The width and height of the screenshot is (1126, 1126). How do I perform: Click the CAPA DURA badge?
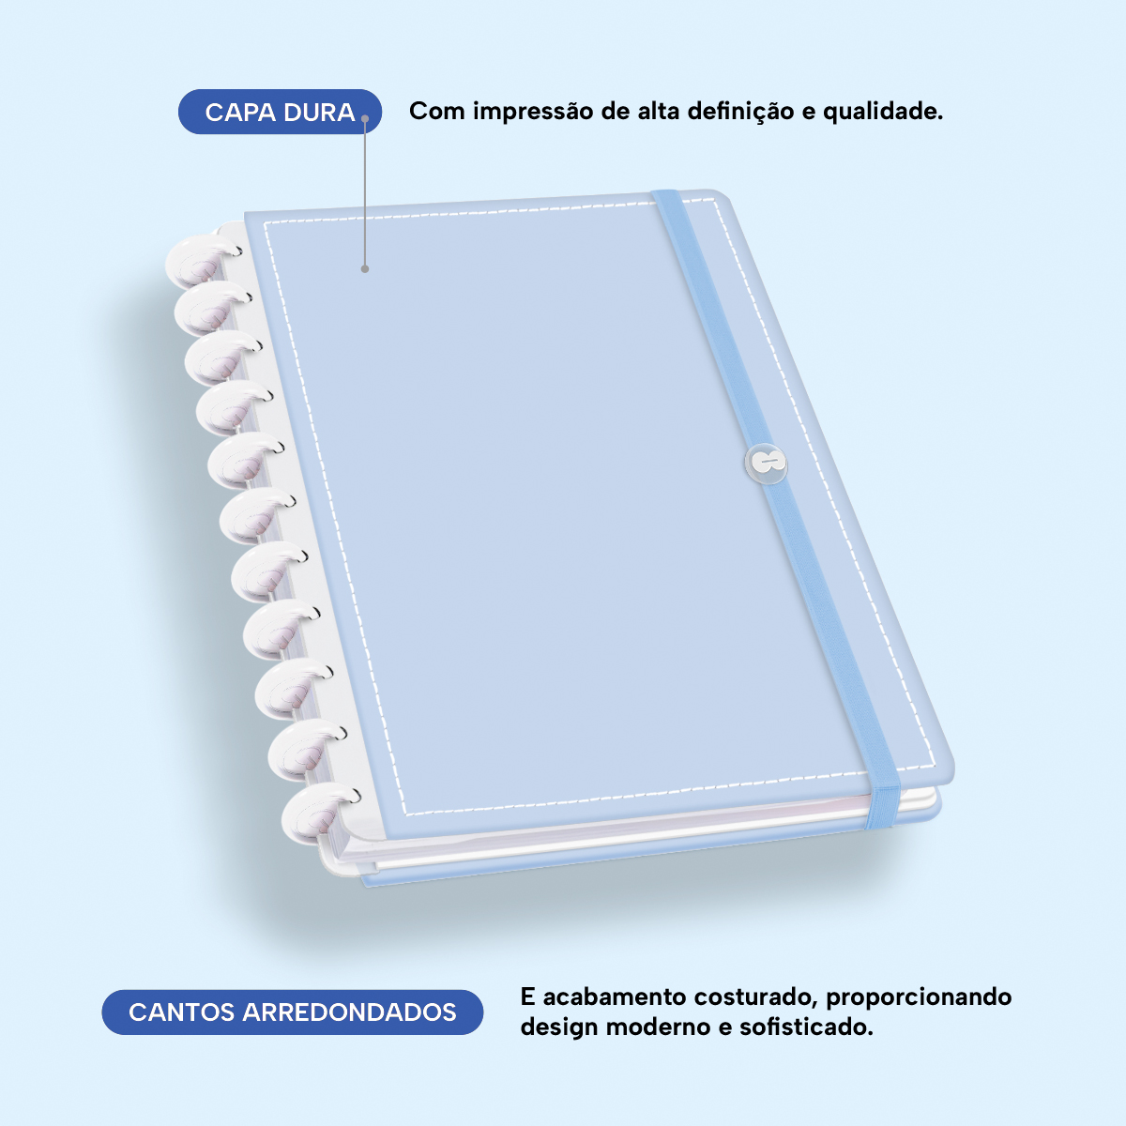click(x=280, y=112)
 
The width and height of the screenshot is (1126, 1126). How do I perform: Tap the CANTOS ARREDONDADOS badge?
click(x=292, y=1012)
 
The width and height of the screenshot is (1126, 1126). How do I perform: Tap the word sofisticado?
click(x=806, y=1027)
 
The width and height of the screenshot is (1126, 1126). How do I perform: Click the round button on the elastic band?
click(x=766, y=464)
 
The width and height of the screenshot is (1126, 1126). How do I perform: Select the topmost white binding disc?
click(x=202, y=260)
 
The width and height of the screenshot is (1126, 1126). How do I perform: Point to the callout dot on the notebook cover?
click(x=365, y=268)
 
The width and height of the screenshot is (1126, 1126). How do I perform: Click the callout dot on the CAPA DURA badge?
click(x=365, y=118)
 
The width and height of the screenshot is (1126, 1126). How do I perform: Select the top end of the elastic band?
click(x=666, y=193)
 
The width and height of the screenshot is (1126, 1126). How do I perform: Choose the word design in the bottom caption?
click(x=558, y=1027)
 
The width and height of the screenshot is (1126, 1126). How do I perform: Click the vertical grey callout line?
click(x=365, y=193)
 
